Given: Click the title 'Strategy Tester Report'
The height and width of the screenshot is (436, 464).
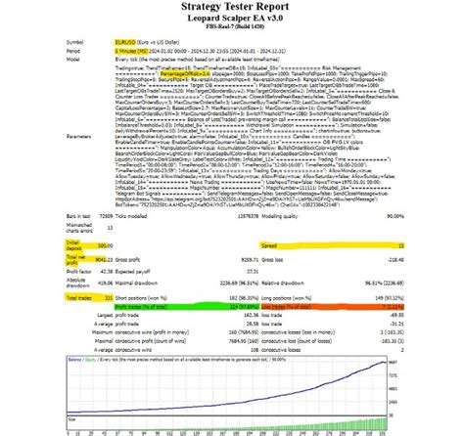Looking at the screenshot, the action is [x=231, y=11].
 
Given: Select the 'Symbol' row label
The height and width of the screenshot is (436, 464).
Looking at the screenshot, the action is [x=74, y=43].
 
